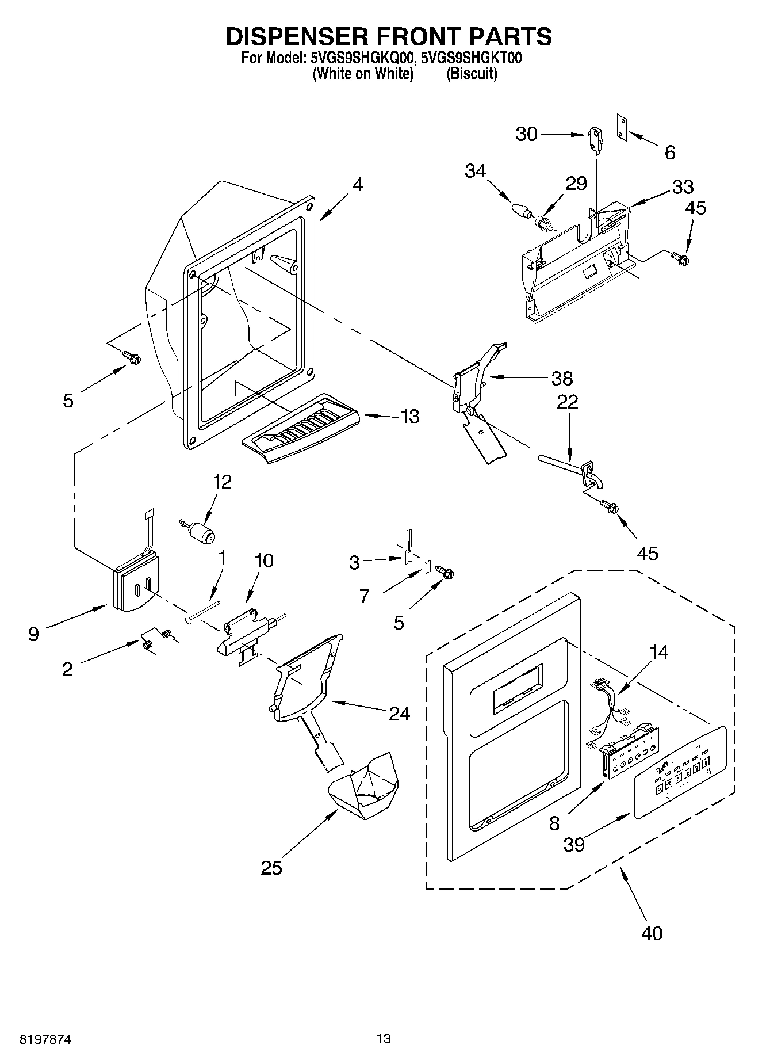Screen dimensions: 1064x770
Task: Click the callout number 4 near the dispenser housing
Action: (x=358, y=185)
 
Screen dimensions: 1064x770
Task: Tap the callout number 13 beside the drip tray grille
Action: (x=409, y=416)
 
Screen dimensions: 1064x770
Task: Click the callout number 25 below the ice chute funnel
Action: (x=271, y=868)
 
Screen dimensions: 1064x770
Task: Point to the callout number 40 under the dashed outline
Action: (x=652, y=933)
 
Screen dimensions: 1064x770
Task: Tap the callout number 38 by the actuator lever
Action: (x=562, y=378)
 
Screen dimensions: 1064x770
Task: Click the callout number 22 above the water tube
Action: (x=568, y=402)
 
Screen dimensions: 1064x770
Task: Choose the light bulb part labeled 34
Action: (x=521, y=209)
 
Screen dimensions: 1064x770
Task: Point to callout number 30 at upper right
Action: (x=526, y=134)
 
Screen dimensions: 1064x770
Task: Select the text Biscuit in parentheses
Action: (x=472, y=74)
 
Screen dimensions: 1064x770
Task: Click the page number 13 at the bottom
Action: (x=384, y=1039)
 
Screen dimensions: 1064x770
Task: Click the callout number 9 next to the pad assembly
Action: (x=34, y=634)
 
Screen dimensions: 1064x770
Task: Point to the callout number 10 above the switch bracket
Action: (x=264, y=560)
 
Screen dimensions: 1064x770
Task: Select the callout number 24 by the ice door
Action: (x=399, y=714)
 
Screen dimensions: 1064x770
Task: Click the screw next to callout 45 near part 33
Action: (x=680, y=258)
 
